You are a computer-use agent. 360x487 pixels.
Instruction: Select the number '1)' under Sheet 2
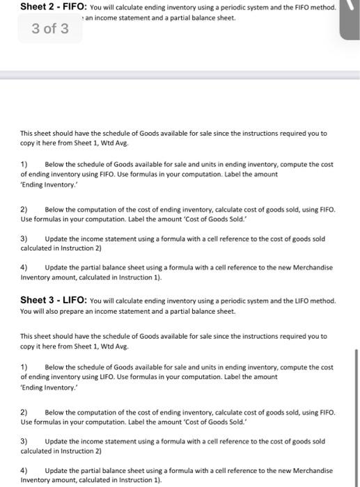[x=24, y=164]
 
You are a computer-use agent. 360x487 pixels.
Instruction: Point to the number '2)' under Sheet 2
[x=24, y=209]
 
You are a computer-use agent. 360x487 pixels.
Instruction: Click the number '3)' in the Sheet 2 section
[x=24, y=238]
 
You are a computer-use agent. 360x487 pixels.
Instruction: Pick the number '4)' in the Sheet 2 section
[x=24, y=267]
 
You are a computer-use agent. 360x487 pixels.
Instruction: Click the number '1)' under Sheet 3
[x=24, y=367]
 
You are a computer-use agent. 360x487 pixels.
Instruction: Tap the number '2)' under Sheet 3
[x=24, y=412]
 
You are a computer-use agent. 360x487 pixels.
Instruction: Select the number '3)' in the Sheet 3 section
[x=24, y=441]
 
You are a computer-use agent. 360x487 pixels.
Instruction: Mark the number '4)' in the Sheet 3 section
[x=24, y=470]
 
